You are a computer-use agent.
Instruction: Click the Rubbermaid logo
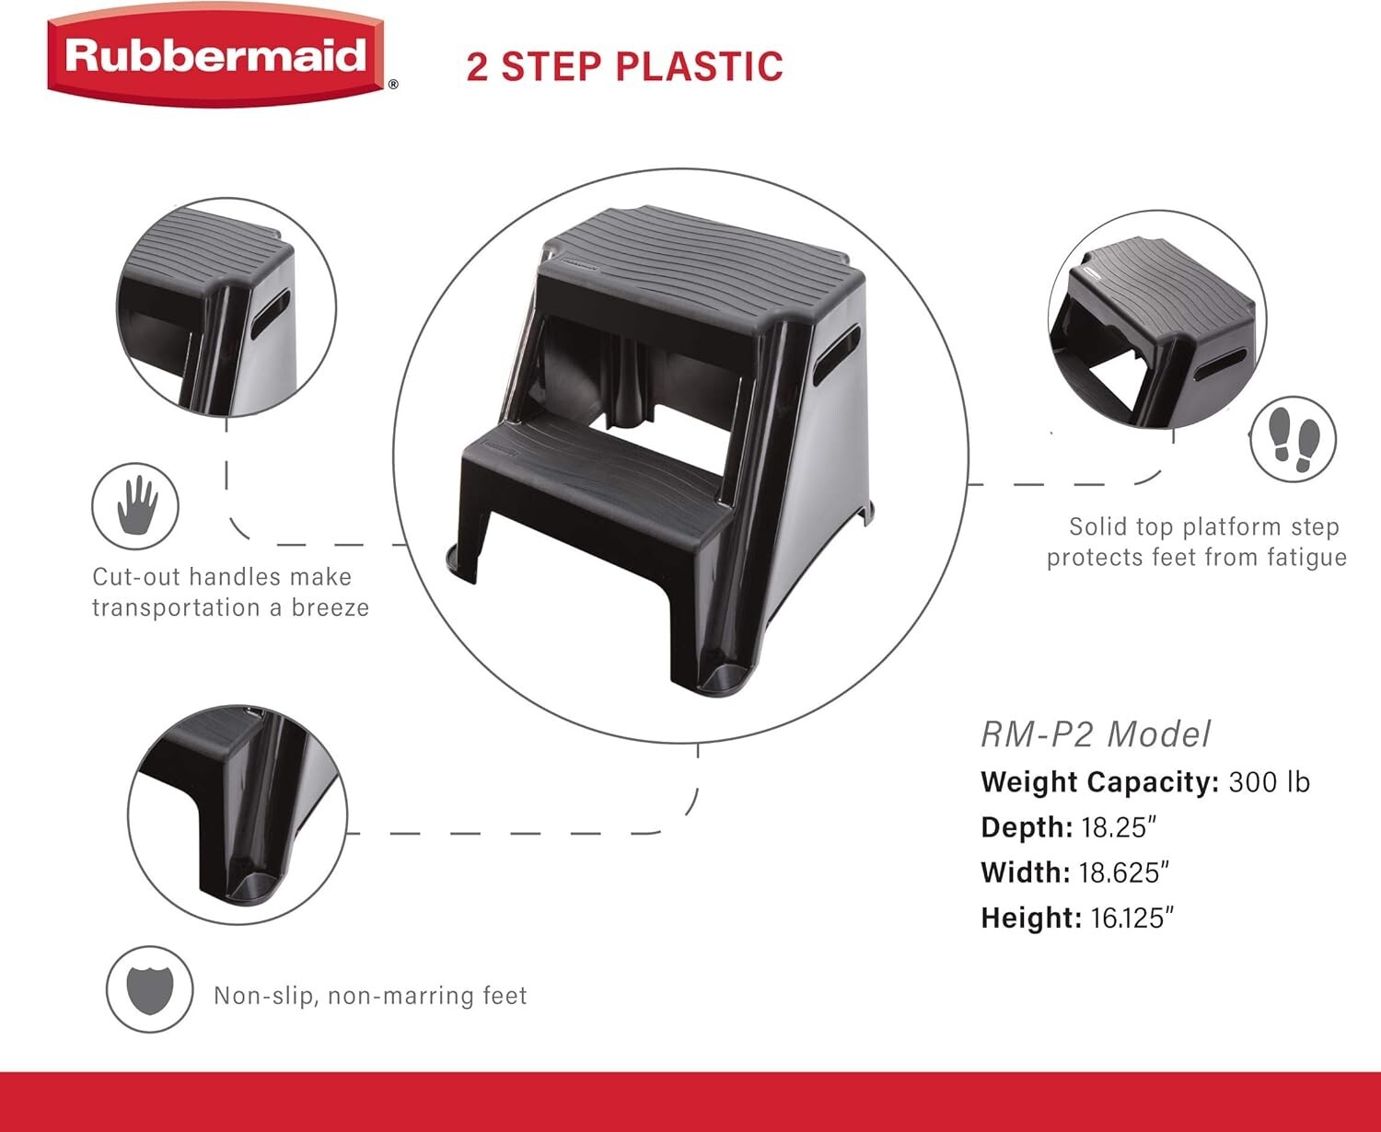[x=217, y=57]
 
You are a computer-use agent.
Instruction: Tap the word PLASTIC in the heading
[x=699, y=66]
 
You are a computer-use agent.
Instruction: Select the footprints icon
[x=1294, y=439]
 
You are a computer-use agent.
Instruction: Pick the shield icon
[x=149, y=989]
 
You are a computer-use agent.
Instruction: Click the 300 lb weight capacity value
[x=1269, y=782]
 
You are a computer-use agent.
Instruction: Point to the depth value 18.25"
[x=1119, y=827]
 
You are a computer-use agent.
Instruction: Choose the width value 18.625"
[x=1125, y=872]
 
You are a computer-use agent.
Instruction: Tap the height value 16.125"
[x=1132, y=918]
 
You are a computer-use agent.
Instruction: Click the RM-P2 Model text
[x=1096, y=734]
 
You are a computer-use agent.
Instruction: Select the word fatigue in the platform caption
[x=1302, y=558]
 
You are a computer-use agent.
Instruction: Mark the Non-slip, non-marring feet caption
[x=370, y=996]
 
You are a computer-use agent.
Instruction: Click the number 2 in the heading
[x=477, y=66]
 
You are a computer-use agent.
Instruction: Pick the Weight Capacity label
[x=1100, y=782]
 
